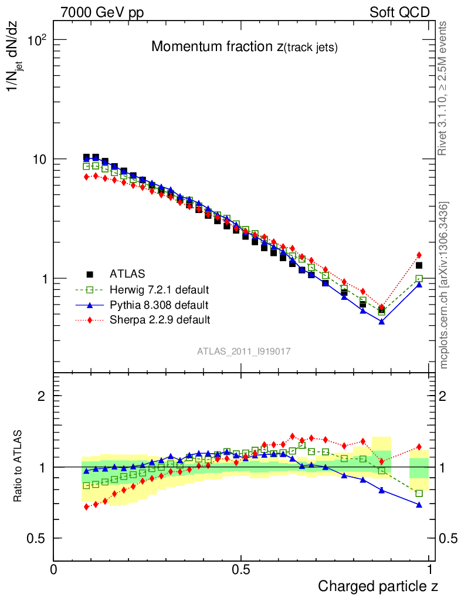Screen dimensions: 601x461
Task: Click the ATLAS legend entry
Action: tap(127, 273)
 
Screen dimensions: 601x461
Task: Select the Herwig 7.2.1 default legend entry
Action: tap(159, 289)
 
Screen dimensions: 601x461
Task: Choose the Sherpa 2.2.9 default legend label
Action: tap(160, 320)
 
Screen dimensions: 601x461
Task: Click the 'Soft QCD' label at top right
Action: tap(400, 12)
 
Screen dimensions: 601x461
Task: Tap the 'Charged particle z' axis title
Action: tap(378, 586)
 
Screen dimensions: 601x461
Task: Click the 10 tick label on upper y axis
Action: tap(38, 159)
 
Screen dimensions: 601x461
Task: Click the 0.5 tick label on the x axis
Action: tap(241, 570)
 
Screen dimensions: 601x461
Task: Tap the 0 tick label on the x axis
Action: tap(54, 570)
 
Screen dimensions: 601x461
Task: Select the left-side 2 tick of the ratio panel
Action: tap(42, 396)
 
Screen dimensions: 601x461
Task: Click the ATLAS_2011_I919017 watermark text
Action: tap(244, 351)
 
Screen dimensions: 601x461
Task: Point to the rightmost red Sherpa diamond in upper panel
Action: tap(419, 255)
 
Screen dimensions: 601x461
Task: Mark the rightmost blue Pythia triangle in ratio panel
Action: tap(419, 504)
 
